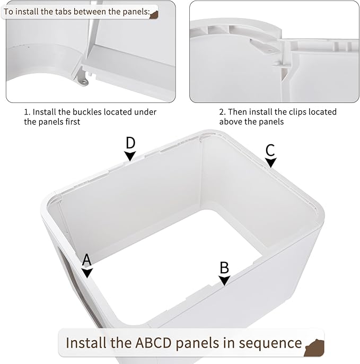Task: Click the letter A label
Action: point(87,259)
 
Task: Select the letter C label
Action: point(270,150)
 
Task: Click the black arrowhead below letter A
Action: point(87,273)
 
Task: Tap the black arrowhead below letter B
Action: point(224,280)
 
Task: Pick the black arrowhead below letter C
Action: point(271,163)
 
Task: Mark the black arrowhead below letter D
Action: point(130,155)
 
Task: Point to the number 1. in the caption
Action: point(27,112)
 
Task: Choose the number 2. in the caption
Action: point(223,112)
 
